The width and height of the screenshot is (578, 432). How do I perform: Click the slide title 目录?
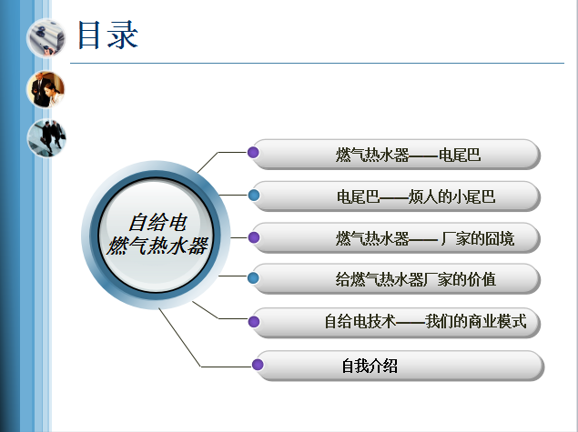coord(107,35)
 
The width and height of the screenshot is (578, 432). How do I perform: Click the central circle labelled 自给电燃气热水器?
coord(156,235)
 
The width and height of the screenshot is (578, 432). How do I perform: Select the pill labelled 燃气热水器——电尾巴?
coord(397,155)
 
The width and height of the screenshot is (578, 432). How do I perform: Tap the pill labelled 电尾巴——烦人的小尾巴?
coord(397,196)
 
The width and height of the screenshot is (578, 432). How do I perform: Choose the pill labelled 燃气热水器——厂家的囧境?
coord(397,238)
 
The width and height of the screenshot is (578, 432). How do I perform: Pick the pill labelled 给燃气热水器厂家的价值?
coord(397,279)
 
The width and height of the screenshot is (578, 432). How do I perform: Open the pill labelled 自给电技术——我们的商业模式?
coord(397,323)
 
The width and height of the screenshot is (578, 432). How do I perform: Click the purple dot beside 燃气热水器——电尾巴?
coord(253,152)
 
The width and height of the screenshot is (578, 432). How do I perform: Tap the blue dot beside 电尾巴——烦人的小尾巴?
coord(254,195)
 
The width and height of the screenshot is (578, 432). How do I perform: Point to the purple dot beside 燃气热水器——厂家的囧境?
coord(254,237)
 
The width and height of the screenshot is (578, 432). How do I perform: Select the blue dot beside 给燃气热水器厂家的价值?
coord(253,277)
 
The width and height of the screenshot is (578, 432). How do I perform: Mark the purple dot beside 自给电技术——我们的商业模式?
coord(254,322)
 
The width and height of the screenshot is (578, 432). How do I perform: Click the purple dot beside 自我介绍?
coord(258,365)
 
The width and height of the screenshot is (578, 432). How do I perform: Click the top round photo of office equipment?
coord(46,37)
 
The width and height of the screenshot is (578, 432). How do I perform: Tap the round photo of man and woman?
coord(46,89)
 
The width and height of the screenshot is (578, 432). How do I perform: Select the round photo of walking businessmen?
coord(46,137)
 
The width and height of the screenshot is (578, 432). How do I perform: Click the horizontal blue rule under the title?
coord(317,63)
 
